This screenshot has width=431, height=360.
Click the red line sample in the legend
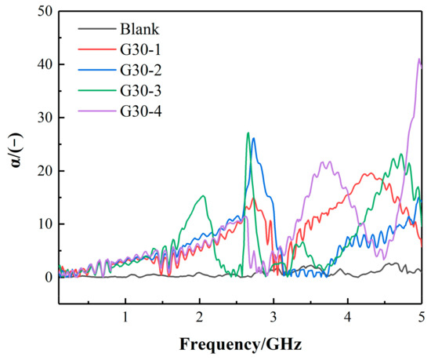(x=96, y=53)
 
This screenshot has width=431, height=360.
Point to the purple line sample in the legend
(x=96, y=121)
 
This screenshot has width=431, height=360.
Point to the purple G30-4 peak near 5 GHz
(x=419, y=60)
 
